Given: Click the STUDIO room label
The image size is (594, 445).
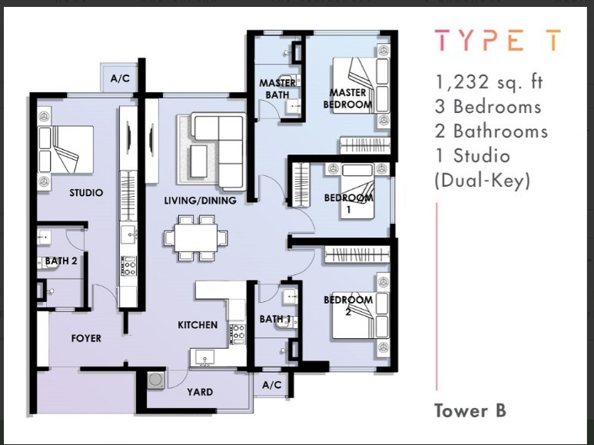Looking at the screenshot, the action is pos(86,193).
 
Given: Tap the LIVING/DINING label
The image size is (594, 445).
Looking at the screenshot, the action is pos(200,200).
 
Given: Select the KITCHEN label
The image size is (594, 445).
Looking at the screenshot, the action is pos(197,325).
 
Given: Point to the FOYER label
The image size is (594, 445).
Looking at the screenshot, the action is pos(86,338).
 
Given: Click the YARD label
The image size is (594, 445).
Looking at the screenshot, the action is pos(200,391).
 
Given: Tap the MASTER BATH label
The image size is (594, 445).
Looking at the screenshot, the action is pos(277,88).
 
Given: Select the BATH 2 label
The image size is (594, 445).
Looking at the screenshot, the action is pos(61,261).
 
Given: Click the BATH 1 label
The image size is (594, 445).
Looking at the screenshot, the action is pos(274,319).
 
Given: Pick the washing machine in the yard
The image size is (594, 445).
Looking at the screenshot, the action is pos(156,380).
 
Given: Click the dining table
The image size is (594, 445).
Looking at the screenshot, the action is pos(196,237).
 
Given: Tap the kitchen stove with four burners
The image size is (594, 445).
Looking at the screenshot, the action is pos(237,334).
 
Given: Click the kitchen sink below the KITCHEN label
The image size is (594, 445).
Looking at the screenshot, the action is pos(204,358).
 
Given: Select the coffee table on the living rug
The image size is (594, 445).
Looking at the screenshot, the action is pos(198,161).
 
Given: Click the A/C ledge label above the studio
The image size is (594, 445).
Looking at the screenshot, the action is pos(120,78).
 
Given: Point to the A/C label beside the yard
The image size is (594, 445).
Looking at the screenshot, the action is pos(272,385).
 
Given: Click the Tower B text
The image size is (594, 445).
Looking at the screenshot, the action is pos(470,410).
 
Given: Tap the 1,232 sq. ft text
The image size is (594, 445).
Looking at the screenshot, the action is pos(489,82).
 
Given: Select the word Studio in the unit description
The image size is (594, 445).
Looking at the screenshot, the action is pos(482,156).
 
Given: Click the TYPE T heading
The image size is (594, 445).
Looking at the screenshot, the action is pos(498,40).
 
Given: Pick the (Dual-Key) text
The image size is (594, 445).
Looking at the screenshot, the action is pos(482,181).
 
